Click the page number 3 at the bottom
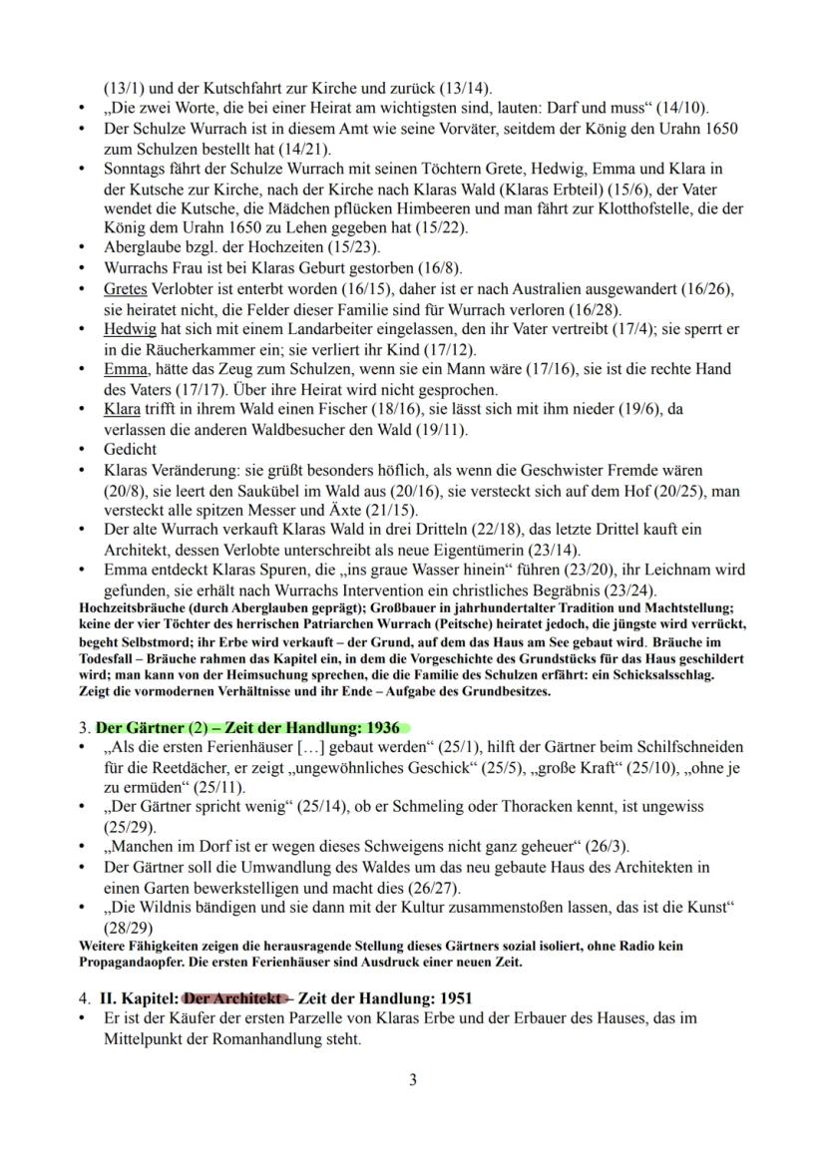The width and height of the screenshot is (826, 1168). coord(412,1080)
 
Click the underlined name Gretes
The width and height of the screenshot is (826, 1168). coord(125,289)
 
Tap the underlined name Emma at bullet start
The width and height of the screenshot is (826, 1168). coord(125,369)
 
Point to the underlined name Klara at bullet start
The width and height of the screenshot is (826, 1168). coord(123,409)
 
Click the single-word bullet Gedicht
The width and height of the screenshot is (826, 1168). coord(130,449)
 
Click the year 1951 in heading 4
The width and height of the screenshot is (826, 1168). coord(451,997)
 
